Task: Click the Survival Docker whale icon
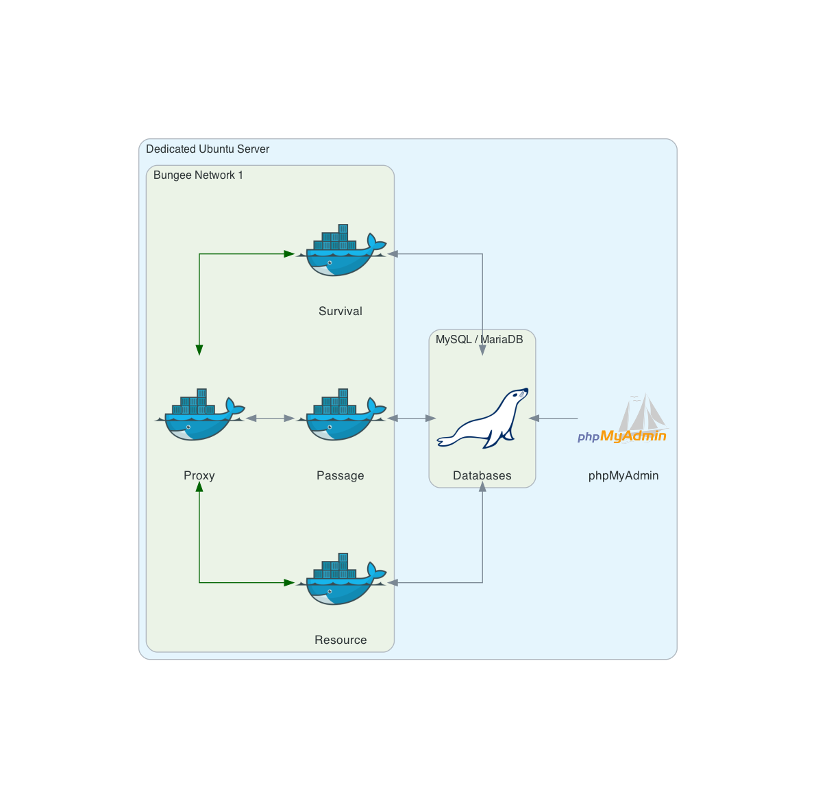click(341, 252)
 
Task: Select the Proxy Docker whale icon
click(199, 416)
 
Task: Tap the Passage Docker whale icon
click(341, 416)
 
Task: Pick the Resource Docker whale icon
click(341, 581)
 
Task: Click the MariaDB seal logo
click(482, 419)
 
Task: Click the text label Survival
click(341, 311)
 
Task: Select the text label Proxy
click(199, 475)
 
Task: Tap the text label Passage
click(341, 475)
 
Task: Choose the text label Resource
click(341, 640)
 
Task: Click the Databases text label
click(482, 475)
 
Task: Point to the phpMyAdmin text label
click(623, 475)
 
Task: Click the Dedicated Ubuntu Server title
click(208, 149)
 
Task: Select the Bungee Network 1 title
click(198, 175)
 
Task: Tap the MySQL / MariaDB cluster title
click(479, 339)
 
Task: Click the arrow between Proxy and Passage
click(270, 418)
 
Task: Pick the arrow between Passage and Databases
click(412, 418)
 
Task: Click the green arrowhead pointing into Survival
click(288, 254)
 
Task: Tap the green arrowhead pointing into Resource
click(288, 583)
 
